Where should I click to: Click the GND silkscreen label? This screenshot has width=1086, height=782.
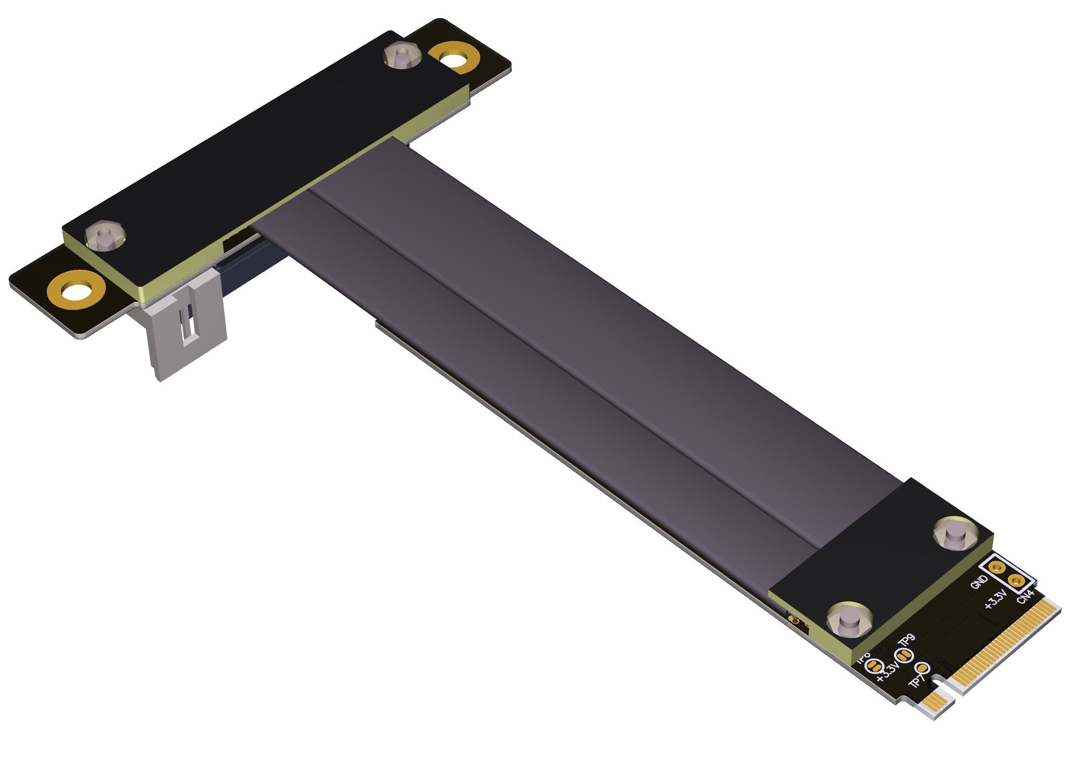979,582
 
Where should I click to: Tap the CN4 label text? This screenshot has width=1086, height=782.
1025,597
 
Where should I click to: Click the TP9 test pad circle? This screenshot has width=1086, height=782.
903,656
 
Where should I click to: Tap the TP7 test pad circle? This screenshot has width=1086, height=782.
922,668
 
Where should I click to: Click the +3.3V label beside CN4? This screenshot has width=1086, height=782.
995,599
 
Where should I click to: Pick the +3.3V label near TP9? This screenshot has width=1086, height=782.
887,671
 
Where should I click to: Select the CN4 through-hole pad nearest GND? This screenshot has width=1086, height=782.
997,567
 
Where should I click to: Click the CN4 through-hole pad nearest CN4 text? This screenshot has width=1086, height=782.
1016,581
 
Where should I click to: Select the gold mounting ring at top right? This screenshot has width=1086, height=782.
454,59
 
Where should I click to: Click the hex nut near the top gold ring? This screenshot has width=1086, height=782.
402,55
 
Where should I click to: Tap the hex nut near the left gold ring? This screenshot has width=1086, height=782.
105,236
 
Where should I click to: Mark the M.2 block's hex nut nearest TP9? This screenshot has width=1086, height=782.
850,620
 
